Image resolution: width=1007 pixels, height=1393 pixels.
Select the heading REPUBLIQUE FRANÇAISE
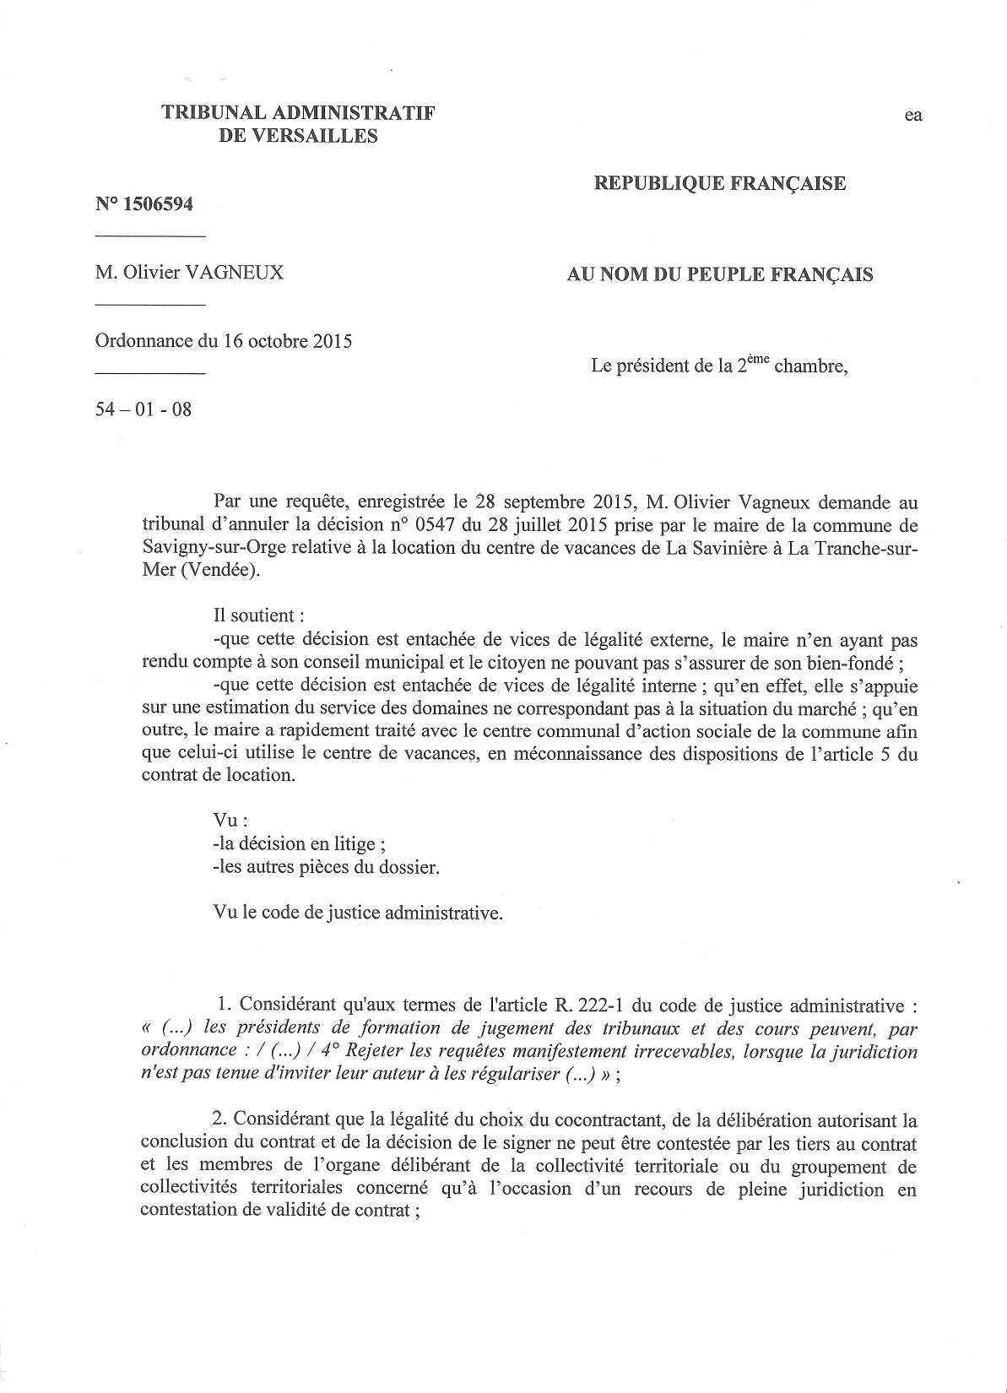719,183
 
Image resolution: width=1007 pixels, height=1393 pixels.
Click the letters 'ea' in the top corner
913,116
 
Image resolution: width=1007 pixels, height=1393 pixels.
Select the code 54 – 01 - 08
143,410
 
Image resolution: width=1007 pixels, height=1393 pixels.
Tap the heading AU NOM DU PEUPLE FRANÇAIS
719,274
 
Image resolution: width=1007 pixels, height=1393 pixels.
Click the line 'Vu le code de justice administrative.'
359,913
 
